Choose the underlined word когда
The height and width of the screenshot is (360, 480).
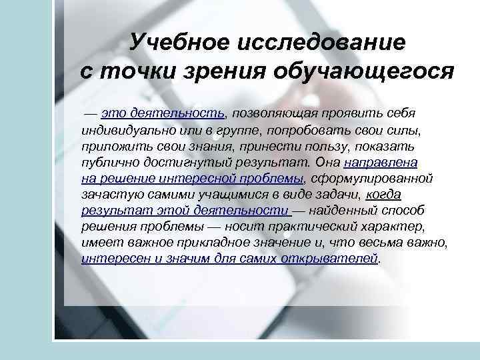(x=383, y=193)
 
